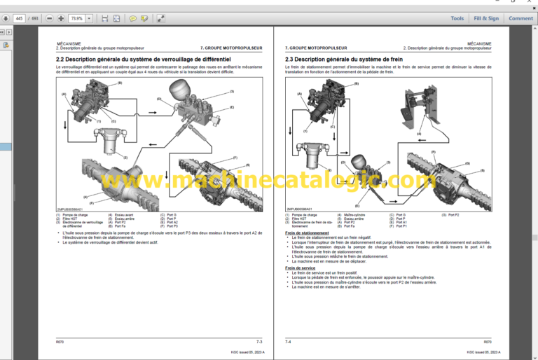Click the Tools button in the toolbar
click(457, 18)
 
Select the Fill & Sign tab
click(486, 18)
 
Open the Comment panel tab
click(520, 18)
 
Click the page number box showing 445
click(18, 18)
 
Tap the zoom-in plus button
click(61, 18)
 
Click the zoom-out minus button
click(48, 18)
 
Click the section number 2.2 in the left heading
click(61, 60)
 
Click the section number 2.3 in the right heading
click(291, 60)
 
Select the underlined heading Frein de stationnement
click(307, 233)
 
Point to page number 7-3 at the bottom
click(258, 342)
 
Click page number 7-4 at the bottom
click(288, 342)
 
